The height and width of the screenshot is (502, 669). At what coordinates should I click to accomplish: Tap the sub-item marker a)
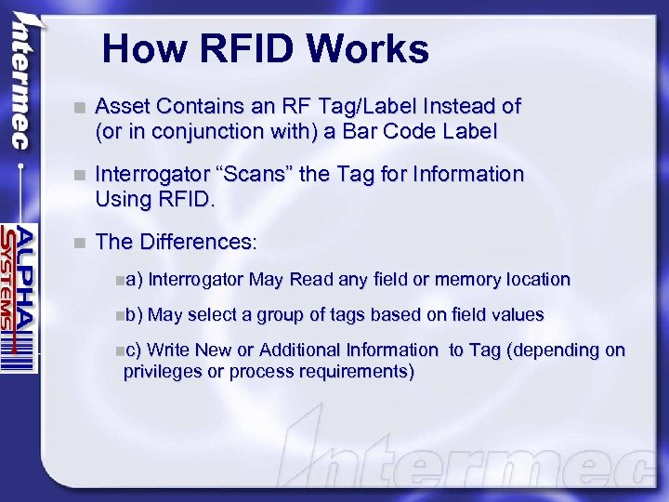[134, 279]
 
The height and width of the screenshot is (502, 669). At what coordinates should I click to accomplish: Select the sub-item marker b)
[134, 314]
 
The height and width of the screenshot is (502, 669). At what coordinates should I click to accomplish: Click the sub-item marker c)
[134, 350]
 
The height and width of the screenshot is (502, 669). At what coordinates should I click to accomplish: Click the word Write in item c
[167, 350]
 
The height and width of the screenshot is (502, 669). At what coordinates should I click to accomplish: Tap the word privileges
[164, 372]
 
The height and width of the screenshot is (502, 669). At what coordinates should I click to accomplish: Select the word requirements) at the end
[358, 372]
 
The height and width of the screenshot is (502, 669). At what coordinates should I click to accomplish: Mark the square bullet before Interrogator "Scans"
[81, 175]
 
